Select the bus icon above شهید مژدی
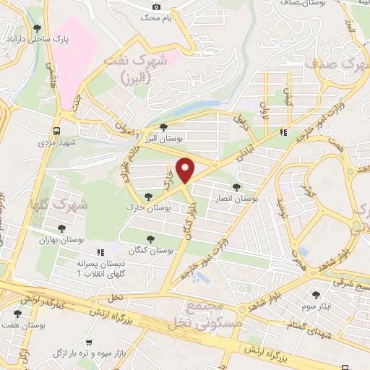point(56,131)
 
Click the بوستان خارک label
point(167,207)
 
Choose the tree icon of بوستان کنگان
point(150,238)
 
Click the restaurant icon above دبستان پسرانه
point(100,252)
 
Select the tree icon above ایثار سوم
point(317,294)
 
